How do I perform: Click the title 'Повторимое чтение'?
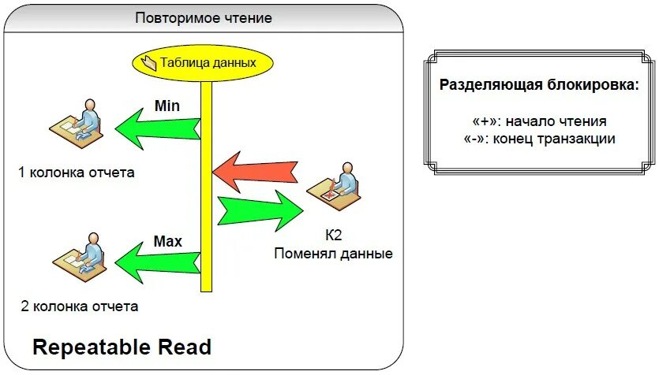coord(204,17)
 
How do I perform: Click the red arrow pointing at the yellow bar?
coord(256,172)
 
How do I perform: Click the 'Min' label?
coord(167,105)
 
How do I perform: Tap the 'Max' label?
coord(167,241)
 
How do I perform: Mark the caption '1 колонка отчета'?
coord(76,173)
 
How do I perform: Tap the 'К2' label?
coord(333,236)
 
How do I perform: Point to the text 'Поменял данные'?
coord(333,254)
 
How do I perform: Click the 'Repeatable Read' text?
coord(122,347)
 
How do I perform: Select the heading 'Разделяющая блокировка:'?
coord(538,85)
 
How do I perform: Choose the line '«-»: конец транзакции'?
coord(539,139)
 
